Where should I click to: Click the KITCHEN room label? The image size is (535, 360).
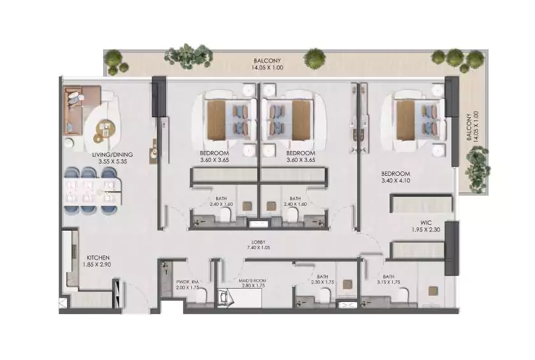pos(98,258)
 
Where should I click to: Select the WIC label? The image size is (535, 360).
pos(418,223)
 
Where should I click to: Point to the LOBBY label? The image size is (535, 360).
pos(259,242)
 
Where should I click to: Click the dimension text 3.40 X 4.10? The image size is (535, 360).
pos(395,182)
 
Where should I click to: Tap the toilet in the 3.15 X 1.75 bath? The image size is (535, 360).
pos(403,295)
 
